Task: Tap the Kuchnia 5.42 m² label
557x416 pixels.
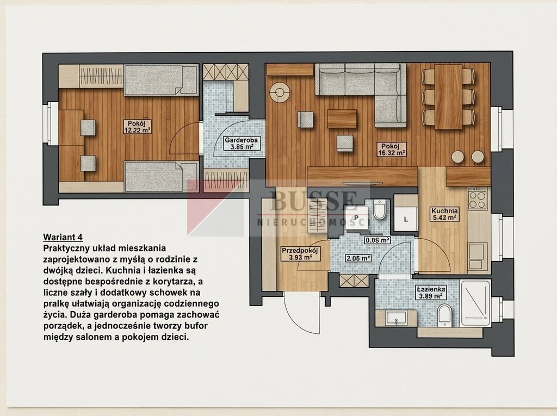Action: [444, 214]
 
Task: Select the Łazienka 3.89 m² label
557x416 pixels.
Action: [431, 292]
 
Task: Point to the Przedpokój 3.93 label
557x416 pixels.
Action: [300, 254]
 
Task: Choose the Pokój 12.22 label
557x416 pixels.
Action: [138, 127]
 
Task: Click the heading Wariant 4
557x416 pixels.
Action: [63, 237]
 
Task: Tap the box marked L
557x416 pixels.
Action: [406, 220]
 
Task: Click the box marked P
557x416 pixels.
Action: [356, 218]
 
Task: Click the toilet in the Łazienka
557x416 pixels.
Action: [444, 315]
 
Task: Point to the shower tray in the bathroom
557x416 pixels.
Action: [475, 304]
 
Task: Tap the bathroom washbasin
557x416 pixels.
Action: [396, 318]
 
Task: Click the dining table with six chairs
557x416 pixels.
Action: [448, 97]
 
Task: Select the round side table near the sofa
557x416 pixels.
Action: [280, 92]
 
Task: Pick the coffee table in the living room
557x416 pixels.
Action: [342, 119]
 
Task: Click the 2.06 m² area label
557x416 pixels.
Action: [358, 258]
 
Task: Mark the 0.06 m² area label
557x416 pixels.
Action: [377, 240]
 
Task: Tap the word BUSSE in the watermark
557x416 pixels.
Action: [313, 201]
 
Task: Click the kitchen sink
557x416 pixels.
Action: [476, 251]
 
